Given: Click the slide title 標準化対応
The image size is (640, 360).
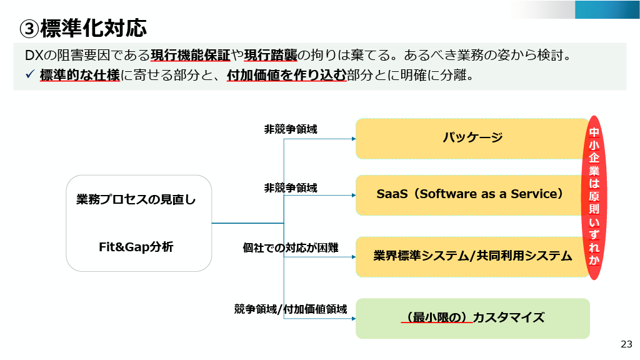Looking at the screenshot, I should (x=94, y=28).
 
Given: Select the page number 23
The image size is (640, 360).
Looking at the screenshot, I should (x=626, y=344).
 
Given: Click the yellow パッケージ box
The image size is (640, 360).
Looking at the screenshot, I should (x=472, y=137).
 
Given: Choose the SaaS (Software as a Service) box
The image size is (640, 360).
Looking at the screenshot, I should (x=470, y=194).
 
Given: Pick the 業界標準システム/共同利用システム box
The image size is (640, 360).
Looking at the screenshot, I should (x=472, y=256).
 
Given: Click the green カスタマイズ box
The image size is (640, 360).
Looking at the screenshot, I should (x=472, y=317).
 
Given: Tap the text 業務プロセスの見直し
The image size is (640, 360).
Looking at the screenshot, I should (x=136, y=200).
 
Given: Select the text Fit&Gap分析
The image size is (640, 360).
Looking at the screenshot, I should (x=136, y=247).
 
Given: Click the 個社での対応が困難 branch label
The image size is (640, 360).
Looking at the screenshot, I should (x=291, y=247).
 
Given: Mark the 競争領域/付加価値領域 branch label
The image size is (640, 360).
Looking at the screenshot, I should (x=291, y=308).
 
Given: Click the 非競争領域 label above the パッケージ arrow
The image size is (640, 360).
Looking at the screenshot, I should (x=291, y=129).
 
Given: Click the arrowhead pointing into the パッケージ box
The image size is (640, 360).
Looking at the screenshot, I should (x=352, y=138).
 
